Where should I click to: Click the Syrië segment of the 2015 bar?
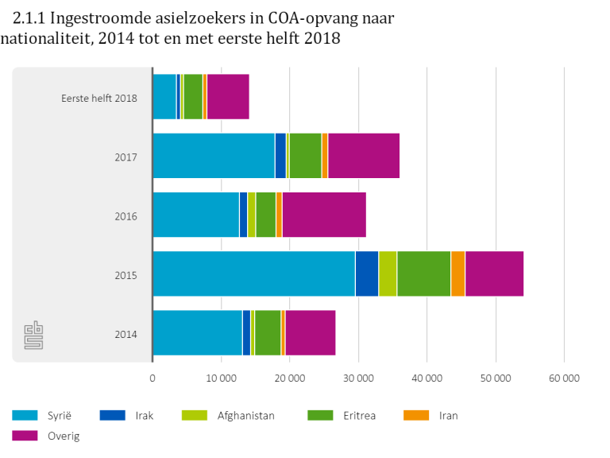click(253, 274)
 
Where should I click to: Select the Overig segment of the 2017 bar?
click(364, 156)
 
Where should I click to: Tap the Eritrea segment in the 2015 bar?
click(423, 274)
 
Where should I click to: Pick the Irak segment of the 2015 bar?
click(366, 274)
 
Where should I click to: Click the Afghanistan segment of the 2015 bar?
click(388, 274)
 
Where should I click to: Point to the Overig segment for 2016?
click(324, 215)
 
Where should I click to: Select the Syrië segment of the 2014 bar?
click(197, 332)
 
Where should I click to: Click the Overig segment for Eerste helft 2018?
click(228, 96)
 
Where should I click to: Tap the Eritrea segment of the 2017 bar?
click(305, 156)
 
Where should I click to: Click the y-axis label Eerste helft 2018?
click(99, 98)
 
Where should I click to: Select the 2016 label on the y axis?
click(125, 215)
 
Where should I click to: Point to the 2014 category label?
click(125, 334)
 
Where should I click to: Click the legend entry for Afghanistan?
click(245, 415)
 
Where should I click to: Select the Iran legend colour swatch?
click(416, 415)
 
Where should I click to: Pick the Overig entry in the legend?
click(64, 436)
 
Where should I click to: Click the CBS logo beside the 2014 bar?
click(33, 335)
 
